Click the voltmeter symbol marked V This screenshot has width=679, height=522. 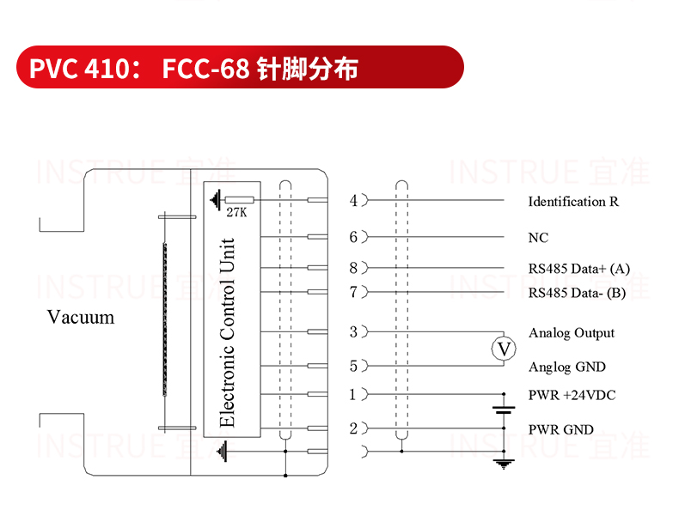pyautogui.click(x=504, y=349)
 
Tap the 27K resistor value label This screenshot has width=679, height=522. pyautogui.click(x=236, y=212)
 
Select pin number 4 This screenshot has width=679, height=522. pyautogui.click(x=354, y=201)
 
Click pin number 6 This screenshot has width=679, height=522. pyautogui.click(x=354, y=237)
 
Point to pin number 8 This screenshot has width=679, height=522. pyautogui.click(x=354, y=268)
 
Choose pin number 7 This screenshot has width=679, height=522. pyautogui.click(x=354, y=293)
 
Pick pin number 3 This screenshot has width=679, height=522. pyautogui.click(x=354, y=332)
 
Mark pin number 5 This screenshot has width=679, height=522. pyautogui.click(x=354, y=367)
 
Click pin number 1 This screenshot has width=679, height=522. pyautogui.click(x=353, y=394)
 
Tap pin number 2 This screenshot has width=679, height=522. pyautogui.click(x=354, y=428)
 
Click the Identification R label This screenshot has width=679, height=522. pyautogui.click(x=573, y=202)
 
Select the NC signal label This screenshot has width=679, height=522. pyautogui.click(x=538, y=238)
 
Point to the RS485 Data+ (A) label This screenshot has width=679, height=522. pyautogui.click(x=579, y=269)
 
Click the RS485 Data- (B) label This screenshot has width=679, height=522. pyautogui.click(x=577, y=294)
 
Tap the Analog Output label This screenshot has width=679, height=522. pyautogui.click(x=572, y=333)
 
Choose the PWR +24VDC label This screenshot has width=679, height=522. pyautogui.click(x=572, y=395)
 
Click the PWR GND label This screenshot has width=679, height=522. pyautogui.click(x=560, y=429)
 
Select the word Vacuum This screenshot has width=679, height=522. pyautogui.click(x=81, y=317)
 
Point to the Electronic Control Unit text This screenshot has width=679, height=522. pyautogui.click(x=227, y=332)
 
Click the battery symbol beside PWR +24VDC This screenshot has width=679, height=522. pyautogui.click(x=504, y=410)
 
